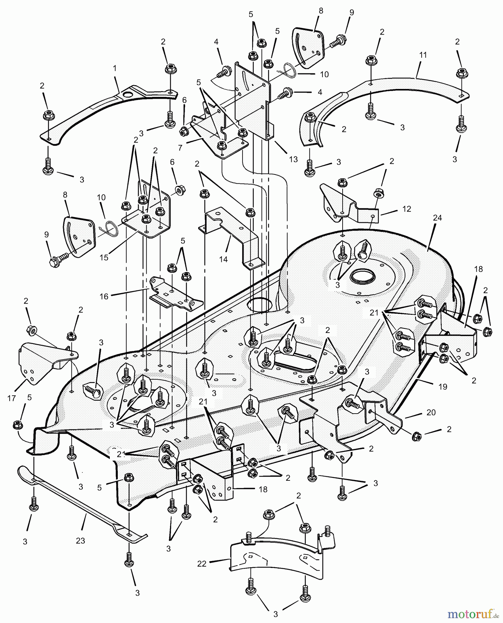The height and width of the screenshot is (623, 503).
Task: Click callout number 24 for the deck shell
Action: point(437,218)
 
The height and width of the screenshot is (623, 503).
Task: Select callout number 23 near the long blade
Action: point(80,540)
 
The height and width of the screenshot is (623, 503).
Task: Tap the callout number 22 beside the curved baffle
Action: point(202,564)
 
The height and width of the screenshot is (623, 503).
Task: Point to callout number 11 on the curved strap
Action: point(423,55)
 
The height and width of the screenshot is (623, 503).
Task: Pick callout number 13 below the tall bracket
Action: point(293,159)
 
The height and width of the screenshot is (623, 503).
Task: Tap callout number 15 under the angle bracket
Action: point(104,258)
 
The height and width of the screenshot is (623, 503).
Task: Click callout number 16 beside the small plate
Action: point(104,296)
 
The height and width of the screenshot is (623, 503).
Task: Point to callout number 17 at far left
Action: point(11,398)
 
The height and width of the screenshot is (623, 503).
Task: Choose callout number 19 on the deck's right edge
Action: point(443,387)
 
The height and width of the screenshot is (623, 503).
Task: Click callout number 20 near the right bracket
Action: point(431,412)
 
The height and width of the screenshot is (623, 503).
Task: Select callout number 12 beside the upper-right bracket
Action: point(407,209)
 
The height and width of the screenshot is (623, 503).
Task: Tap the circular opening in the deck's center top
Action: point(260,305)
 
